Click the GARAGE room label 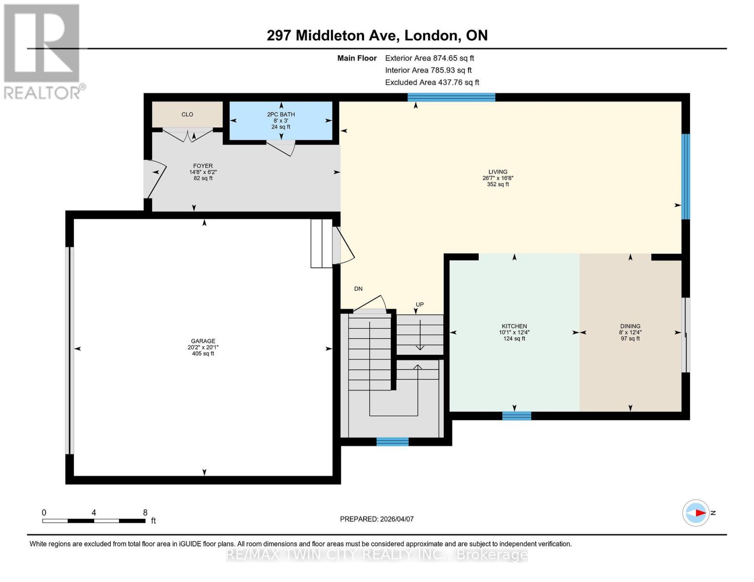pos(203,341)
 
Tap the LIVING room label pos(498,172)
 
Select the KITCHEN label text pos(514,326)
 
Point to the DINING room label pos(630,326)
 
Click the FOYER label pos(203,166)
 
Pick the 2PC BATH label pos(281,114)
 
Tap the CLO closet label pos(187,114)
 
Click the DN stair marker pos(358,289)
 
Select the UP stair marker pos(419,305)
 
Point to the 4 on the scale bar pos(94,513)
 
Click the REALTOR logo pos(43,51)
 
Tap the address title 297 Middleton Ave pos(377,35)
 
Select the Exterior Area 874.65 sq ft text pos(429,58)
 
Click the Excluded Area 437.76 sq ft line pos(432,82)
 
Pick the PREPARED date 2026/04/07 pos(377,519)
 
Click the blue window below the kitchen pos(517,416)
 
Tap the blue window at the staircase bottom pos(392,441)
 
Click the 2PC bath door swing pos(281,147)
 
